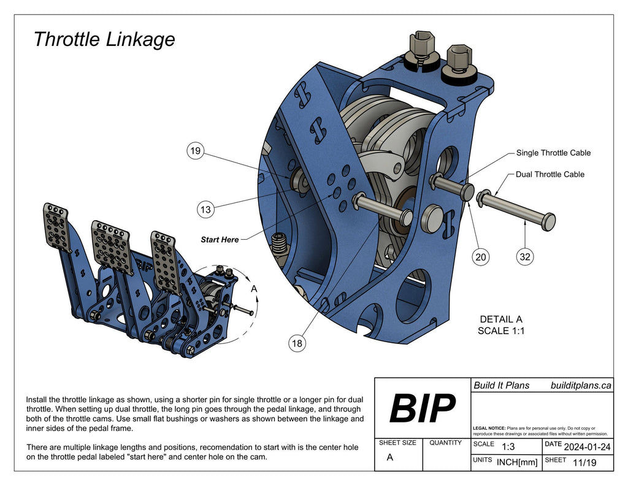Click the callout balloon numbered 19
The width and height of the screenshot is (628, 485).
tap(195, 151)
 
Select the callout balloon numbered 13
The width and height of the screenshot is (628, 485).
tap(205, 210)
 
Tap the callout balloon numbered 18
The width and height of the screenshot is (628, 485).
tap(297, 343)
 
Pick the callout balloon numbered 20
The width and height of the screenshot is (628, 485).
tap(481, 258)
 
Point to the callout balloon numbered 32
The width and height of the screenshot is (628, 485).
tap(525, 258)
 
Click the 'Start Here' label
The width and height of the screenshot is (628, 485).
tap(220, 240)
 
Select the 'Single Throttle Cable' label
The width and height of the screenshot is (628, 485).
tap(553, 153)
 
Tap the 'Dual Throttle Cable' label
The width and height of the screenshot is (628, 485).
tap(549, 174)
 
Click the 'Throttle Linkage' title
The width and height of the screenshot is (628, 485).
tap(104, 39)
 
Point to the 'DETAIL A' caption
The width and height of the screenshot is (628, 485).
tap(501, 319)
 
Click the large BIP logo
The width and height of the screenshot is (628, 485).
tap(423, 408)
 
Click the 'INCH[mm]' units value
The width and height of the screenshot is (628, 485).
tap(517, 462)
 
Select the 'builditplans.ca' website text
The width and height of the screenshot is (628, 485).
tap(580, 385)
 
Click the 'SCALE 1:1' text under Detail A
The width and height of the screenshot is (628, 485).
tap(501, 331)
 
